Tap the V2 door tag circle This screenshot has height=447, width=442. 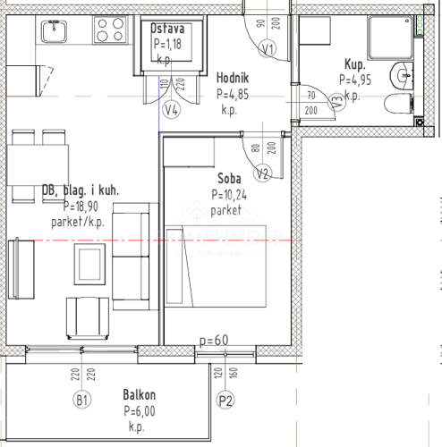pyautogui.click(x=262, y=173)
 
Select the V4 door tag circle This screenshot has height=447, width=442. pyautogui.click(x=173, y=110)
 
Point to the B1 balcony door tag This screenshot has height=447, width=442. pyautogui.click(x=82, y=399)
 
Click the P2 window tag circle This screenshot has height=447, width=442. pyautogui.click(x=225, y=400)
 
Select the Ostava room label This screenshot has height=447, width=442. pyautogui.click(x=167, y=29)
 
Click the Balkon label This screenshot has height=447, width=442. pyautogui.click(x=140, y=394)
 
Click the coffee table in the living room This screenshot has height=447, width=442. pyautogui.click(x=89, y=264)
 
